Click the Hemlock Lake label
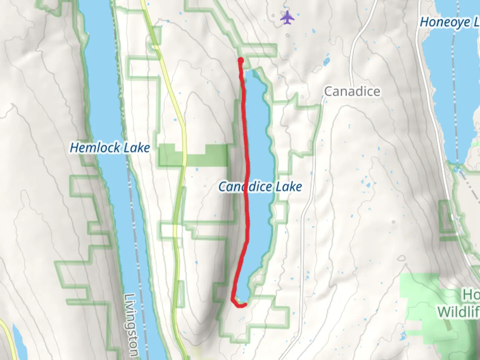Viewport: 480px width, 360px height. (x=110, y=148)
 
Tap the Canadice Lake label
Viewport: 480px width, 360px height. (x=260, y=187)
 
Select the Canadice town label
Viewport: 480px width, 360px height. (x=352, y=91)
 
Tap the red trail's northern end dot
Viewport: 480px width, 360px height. (x=240, y=60)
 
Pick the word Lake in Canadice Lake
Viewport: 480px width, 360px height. (x=289, y=187)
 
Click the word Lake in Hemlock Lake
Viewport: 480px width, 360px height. (x=137, y=148)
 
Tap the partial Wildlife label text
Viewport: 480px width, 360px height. (x=458, y=312)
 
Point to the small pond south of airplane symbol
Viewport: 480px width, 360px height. (x=326, y=61)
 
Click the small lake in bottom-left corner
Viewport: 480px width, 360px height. (x=19, y=343)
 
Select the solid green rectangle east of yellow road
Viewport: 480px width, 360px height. (x=207, y=155)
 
